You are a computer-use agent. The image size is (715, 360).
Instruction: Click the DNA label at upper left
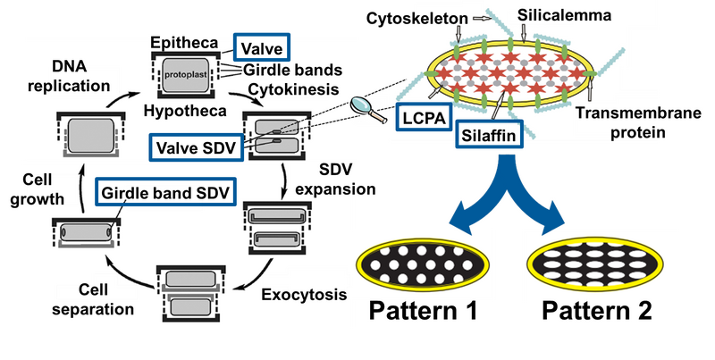[68, 65]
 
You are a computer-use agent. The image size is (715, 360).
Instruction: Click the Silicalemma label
[546, 15]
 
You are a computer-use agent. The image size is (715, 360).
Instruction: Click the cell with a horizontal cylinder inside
[82, 233]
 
